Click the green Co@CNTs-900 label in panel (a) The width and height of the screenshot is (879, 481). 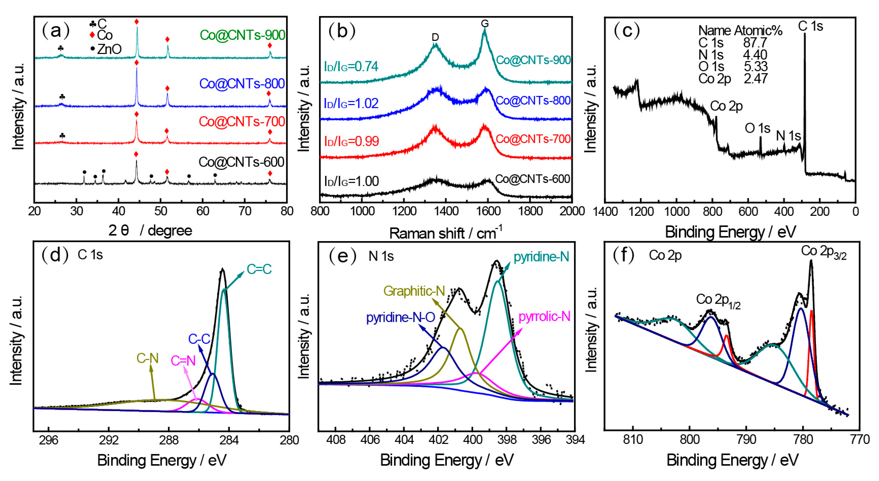pyautogui.click(x=242, y=35)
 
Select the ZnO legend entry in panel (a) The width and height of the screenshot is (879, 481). pyautogui.click(x=106, y=49)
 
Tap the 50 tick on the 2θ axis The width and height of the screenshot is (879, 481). pyautogui.click(x=160, y=211)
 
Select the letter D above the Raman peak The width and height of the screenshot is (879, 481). pyautogui.click(x=435, y=37)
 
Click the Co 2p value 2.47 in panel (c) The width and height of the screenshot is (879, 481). pyautogui.click(x=755, y=79)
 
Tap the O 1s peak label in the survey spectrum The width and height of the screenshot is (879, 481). pyautogui.click(x=757, y=128)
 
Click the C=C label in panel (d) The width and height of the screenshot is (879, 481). pyautogui.click(x=259, y=269)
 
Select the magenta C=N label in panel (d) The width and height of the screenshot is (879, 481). pyautogui.click(x=183, y=361)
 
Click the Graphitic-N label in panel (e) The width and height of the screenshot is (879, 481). pyautogui.click(x=414, y=291)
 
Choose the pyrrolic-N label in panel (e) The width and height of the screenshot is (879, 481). pyautogui.click(x=544, y=317)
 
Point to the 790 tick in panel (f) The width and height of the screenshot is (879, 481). pyautogui.click(x=746, y=439)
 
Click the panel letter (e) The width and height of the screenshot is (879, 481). pyautogui.click(x=342, y=256)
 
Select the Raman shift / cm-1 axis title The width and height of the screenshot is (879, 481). pyautogui.click(x=445, y=233)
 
